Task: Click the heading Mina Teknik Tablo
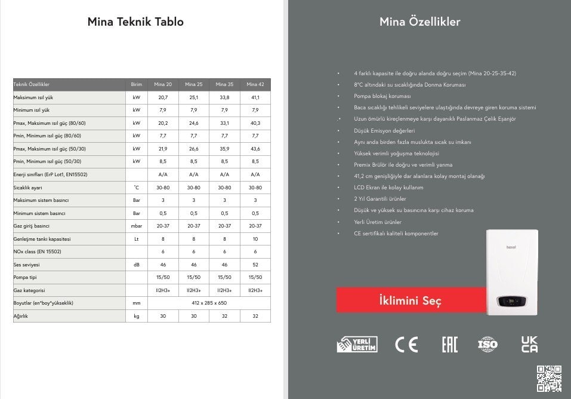pos(135,22)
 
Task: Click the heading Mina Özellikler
pos(419,22)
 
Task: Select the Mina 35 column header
pos(224,85)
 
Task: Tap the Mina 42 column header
pos(255,85)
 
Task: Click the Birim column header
pos(137,85)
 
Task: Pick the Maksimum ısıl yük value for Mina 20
pos(163,97)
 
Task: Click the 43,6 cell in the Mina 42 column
pos(255,149)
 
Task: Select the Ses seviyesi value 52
pos(255,265)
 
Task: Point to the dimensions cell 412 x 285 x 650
pos(209,303)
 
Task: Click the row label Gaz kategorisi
pos(30,290)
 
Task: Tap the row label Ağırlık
pos(21,316)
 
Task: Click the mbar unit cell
pos(137,226)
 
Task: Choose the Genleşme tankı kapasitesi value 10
pos(255,239)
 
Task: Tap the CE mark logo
pos(406,344)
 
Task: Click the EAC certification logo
pos(449,344)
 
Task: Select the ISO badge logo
pos(487,344)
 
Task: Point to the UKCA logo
pos(529,344)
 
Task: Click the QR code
pos(549,377)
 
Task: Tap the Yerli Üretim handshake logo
pos(356,344)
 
